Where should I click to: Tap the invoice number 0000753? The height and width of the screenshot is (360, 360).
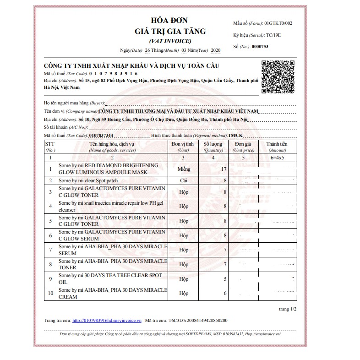point(260,46)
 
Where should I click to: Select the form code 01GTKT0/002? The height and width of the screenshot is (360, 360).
point(275,22)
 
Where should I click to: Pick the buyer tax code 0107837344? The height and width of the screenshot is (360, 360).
point(102,136)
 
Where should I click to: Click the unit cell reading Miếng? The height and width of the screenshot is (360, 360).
point(184,169)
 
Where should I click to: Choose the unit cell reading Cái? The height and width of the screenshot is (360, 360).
point(184,181)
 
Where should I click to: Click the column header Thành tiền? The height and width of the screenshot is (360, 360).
point(277,144)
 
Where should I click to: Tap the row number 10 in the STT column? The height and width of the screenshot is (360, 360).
point(50,294)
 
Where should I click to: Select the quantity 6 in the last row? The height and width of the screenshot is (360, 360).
point(225,294)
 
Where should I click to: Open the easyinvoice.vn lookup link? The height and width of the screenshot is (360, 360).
point(107,321)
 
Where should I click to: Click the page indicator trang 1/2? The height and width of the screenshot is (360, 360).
point(288,309)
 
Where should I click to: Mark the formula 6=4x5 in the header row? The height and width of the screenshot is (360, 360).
point(277,158)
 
